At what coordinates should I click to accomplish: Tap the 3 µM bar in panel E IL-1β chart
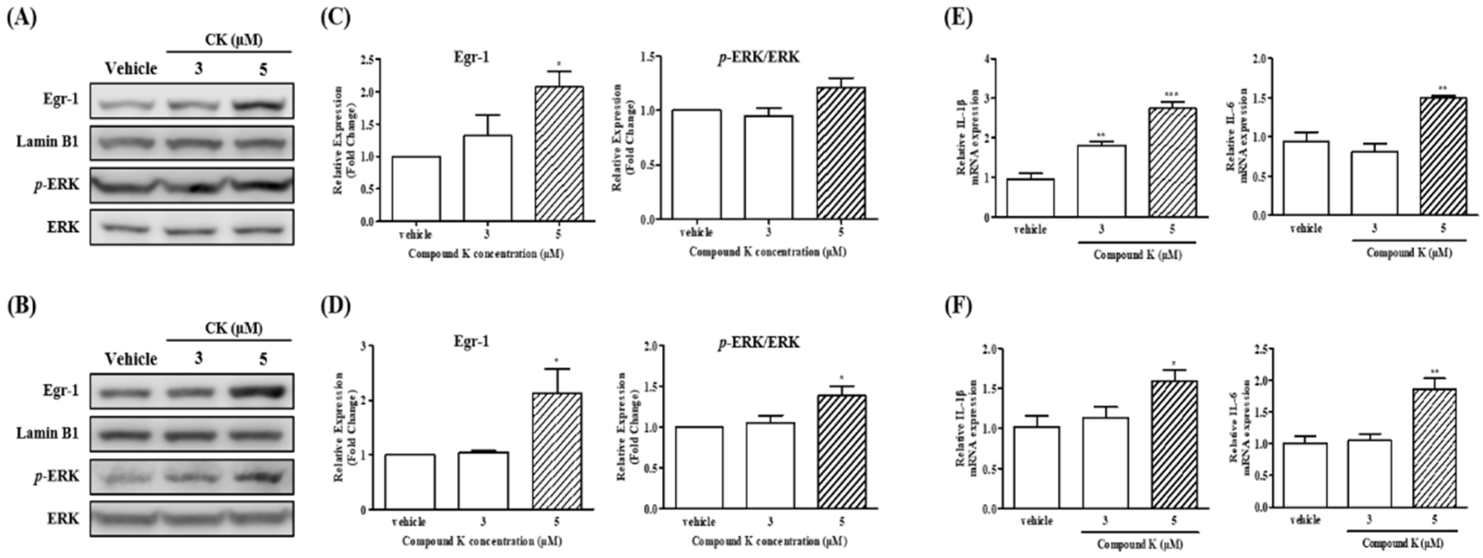tap(1101, 181)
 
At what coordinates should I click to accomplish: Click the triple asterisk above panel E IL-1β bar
tap(1172, 95)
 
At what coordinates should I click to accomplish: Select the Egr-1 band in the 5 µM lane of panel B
tap(263, 391)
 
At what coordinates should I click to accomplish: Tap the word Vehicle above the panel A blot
tap(131, 69)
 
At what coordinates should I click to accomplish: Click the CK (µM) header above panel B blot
tap(233, 328)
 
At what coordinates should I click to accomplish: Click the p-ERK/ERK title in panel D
tap(758, 343)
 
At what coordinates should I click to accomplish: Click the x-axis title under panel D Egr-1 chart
tap(482, 542)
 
